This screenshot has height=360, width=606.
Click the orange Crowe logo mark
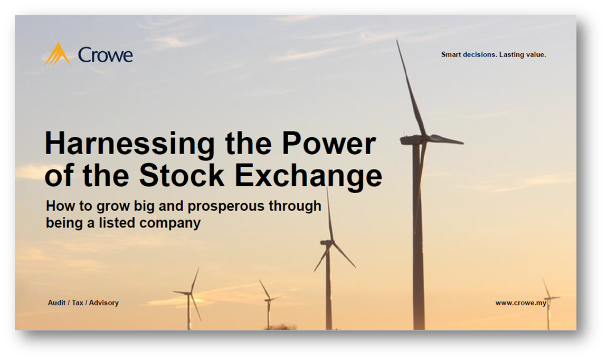tap(58, 54)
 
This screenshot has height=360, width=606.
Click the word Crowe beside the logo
tap(105, 55)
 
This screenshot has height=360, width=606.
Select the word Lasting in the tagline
tap(512, 54)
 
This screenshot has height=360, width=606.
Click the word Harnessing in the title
tap(129, 144)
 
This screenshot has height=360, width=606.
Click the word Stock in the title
tap(182, 175)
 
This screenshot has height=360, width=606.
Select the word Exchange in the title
tap(308, 176)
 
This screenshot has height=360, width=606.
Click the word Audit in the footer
tap(56, 303)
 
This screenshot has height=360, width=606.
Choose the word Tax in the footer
tap(77, 303)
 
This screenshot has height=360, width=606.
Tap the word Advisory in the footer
tap(103, 303)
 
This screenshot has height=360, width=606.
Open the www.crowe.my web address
tap(520, 303)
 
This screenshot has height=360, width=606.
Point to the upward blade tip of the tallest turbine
tap(397, 40)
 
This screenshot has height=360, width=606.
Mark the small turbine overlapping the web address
tap(548, 303)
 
